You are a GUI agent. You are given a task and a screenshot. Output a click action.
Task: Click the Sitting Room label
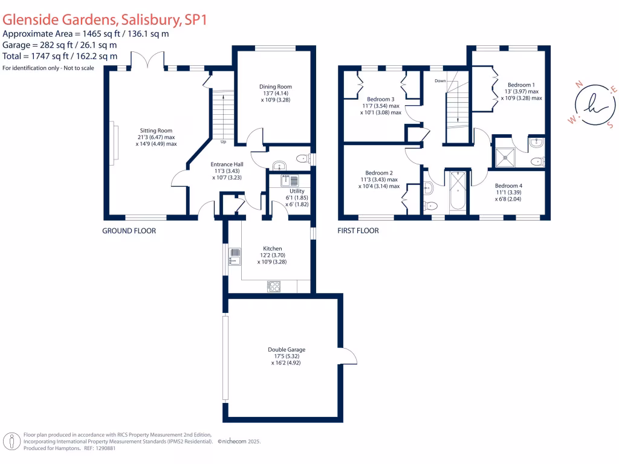click(x=157, y=130)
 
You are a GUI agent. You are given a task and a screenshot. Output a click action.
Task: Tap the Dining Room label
click(x=276, y=87)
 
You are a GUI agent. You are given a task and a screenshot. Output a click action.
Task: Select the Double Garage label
click(x=287, y=350)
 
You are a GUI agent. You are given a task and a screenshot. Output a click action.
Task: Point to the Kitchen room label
click(x=272, y=248)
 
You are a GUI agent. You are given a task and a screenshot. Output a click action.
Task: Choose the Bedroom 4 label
click(x=508, y=185)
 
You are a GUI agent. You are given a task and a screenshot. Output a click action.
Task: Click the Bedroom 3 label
click(x=381, y=99)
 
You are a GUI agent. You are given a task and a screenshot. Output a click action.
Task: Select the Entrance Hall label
click(x=227, y=164)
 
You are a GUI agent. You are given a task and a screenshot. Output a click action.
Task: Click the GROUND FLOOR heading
click(x=129, y=231)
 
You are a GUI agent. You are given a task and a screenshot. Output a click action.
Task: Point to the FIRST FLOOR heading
click(x=358, y=231)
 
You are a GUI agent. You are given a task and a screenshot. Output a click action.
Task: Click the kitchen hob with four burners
click(x=274, y=286)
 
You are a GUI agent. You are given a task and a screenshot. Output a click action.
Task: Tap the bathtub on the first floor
click(x=458, y=190)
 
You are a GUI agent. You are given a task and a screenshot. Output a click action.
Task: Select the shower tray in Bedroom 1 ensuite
click(x=505, y=156)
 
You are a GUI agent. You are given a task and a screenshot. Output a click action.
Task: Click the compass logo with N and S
click(x=592, y=103)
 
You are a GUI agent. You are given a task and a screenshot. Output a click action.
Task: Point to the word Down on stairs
click(x=441, y=80)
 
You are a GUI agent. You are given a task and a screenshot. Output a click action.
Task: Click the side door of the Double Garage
click(x=349, y=356)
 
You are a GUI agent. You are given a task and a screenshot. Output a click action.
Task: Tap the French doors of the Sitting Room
click(x=147, y=60)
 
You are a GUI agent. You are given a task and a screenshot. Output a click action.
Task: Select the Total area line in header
click(x=60, y=56)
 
